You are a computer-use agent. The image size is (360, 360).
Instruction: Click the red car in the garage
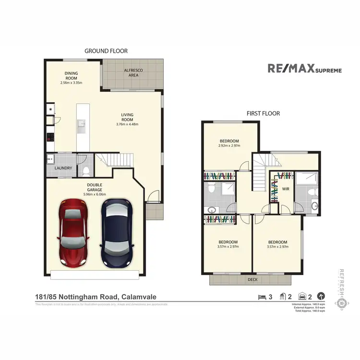point(73,234)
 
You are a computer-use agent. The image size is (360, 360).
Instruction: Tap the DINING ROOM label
point(71,76)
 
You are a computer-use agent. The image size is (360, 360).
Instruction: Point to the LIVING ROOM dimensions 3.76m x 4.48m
point(127,124)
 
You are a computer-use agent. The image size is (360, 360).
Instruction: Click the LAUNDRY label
point(63,168)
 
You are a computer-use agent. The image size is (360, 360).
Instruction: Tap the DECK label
point(252,278)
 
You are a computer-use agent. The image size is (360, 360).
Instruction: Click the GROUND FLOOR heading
point(106,50)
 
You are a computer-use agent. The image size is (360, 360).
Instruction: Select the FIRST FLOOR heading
point(263,114)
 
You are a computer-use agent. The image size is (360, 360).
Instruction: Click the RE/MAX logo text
point(290,69)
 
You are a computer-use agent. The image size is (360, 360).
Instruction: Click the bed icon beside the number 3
point(262,296)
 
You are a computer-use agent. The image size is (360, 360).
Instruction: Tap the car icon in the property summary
point(303,296)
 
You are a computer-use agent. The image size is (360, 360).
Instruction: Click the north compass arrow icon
point(321,296)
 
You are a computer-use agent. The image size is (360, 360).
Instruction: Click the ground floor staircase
point(115,160)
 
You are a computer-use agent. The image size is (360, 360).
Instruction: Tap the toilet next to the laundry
point(85,169)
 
